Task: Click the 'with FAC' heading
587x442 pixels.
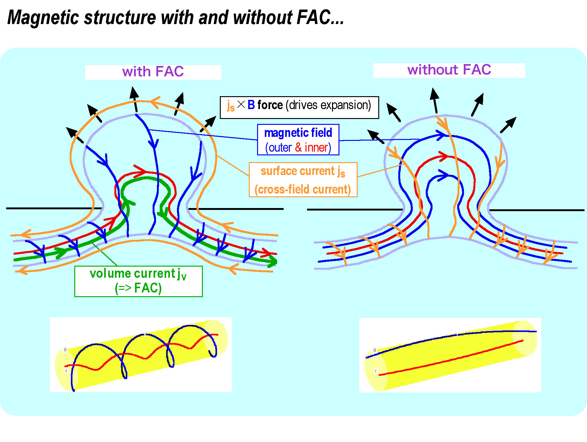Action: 153,72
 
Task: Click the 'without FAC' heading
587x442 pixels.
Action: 449,70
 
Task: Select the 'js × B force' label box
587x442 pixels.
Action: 299,107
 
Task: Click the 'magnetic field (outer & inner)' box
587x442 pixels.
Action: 298,140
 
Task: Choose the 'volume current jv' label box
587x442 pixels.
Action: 138,281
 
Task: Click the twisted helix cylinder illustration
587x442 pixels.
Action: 141,354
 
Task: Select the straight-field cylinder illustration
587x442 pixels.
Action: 450,355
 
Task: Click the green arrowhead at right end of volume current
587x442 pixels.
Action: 273,261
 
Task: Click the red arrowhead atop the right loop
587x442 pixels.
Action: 444,156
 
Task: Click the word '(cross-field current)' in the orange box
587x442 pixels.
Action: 303,189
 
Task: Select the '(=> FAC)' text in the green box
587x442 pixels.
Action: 138,288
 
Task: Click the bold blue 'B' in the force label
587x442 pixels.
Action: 251,105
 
